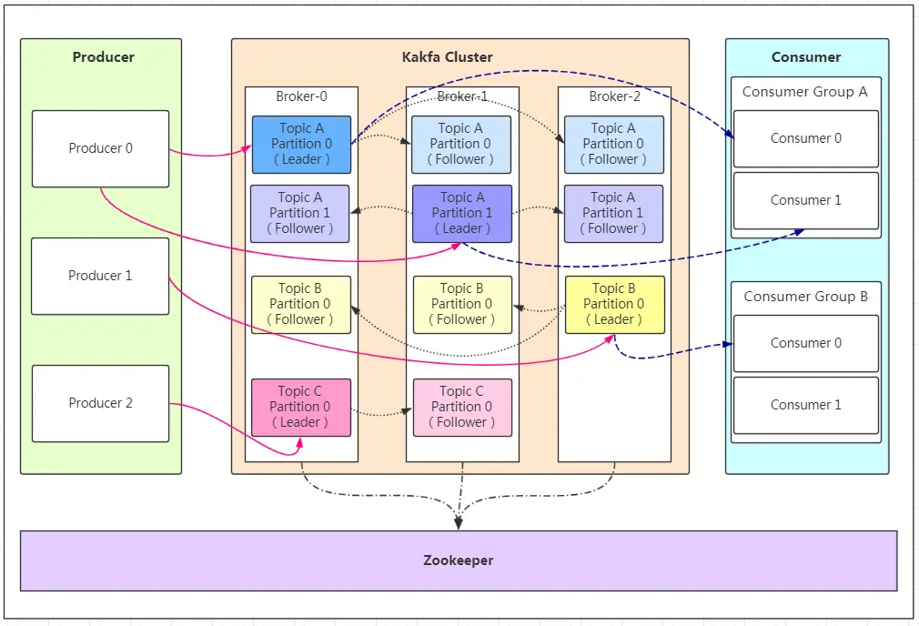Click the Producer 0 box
pos(100,148)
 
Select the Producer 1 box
pos(100,276)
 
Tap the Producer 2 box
pos(100,403)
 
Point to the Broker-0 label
pos(301,96)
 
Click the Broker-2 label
pos(614,96)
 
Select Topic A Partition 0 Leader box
pos(301,144)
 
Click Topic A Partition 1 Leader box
pos(462,213)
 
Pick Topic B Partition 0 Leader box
pos(614,304)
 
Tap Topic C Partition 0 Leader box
pos(301,407)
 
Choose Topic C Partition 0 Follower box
pos(462,407)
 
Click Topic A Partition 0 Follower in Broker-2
pos(614,144)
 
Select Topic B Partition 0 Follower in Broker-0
pos(301,304)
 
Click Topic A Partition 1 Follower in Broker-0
pos(300,213)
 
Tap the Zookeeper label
pos(459,560)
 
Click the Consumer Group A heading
pos(805,92)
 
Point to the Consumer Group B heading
pos(805,297)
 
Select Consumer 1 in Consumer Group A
pos(805,200)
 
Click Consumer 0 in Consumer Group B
pos(805,343)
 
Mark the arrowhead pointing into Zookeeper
pos(459,523)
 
